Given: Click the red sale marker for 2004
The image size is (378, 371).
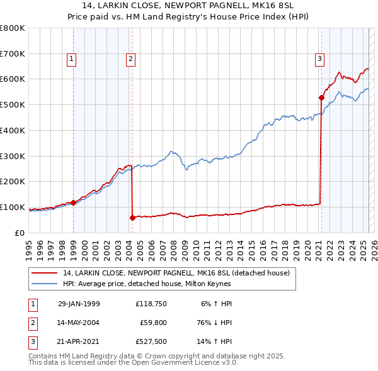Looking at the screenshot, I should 132,218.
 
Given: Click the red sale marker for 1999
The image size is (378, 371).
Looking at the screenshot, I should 73,202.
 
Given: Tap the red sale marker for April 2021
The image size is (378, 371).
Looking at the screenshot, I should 321,97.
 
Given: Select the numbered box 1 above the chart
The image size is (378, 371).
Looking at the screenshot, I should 71,60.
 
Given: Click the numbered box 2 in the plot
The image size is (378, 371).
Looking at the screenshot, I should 130,60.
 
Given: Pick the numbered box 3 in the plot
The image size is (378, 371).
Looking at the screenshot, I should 319,60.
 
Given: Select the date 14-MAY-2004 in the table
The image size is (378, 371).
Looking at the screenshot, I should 79,323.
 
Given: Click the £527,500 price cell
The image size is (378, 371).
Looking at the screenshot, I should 151,342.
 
